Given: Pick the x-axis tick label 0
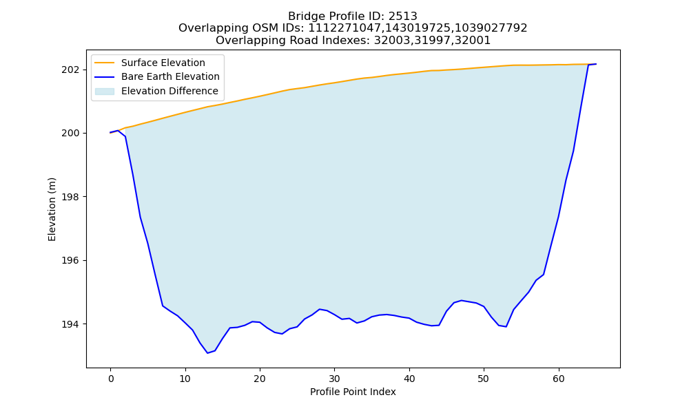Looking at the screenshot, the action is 111,379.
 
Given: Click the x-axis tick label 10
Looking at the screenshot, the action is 185,379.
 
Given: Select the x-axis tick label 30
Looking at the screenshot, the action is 335,379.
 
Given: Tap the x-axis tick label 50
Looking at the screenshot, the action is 484,379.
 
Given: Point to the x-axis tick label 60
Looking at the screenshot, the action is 559,379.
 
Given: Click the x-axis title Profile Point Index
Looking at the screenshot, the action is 353,392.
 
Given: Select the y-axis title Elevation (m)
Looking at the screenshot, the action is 52,209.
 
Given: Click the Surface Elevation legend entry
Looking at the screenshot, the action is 163,63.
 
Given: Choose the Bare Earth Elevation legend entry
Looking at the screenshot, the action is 170,77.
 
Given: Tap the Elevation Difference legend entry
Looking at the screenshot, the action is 169,92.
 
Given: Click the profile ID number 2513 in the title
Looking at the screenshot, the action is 402,17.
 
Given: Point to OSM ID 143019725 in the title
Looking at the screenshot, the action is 418,28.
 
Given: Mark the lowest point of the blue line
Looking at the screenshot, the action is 207,353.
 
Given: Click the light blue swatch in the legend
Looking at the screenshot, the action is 105,92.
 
